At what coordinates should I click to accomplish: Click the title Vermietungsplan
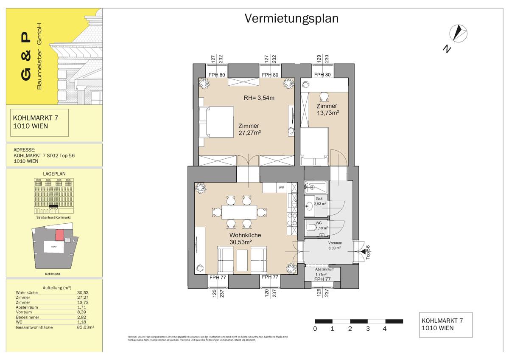[x=291, y=19]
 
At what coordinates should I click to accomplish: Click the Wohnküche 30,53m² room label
[x=245, y=239]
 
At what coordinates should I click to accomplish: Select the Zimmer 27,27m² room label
[x=249, y=129]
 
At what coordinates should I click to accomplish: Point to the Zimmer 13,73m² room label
[x=326, y=110]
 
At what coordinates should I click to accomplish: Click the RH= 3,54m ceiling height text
[x=259, y=98]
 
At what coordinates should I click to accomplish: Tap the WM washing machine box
[x=281, y=187]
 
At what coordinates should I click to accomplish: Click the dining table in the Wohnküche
[x=239, y=211]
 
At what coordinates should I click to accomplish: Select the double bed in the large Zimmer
[x=217, y=122]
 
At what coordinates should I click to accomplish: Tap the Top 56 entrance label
[x=368, y=252]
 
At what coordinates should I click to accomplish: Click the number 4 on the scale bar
[x=385, y=329]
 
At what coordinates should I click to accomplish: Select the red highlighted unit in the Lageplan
[x=60, y=234]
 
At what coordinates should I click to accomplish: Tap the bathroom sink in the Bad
[x=309, y=206]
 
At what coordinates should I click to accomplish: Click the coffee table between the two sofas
[x=243, y=259]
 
